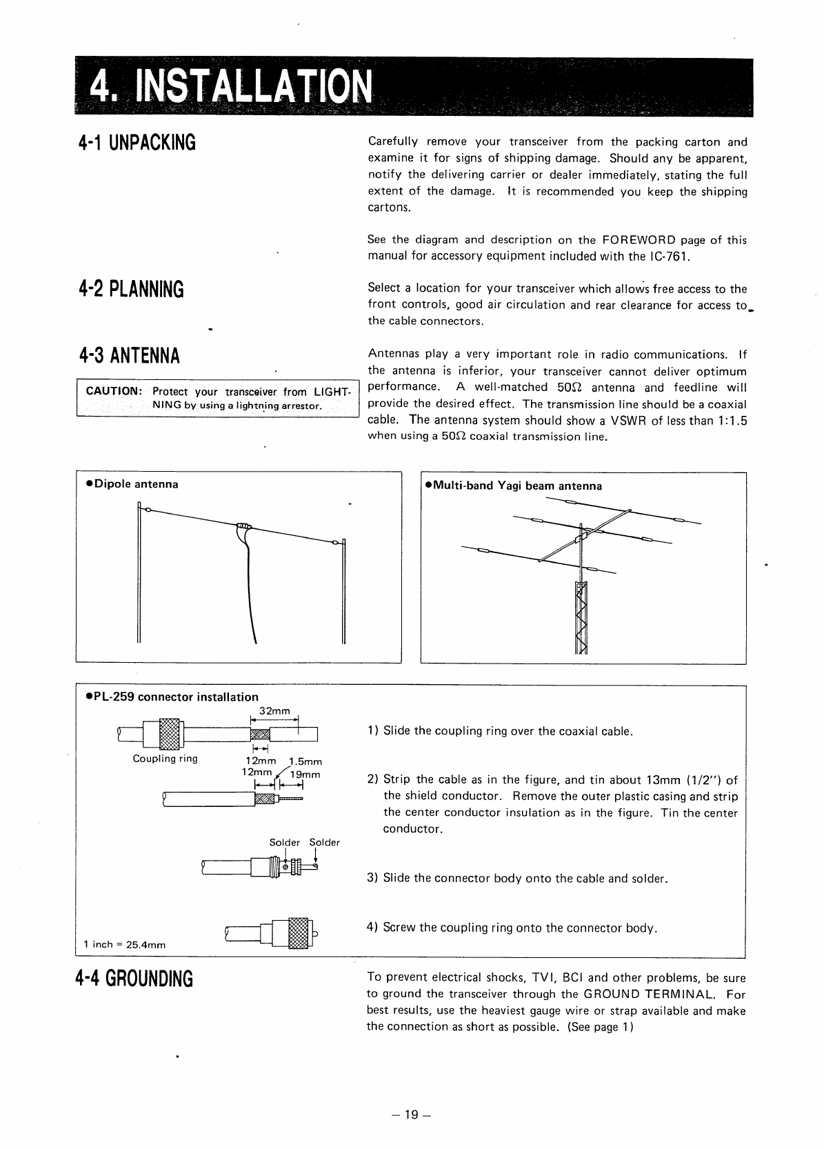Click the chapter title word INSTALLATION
point(252,88)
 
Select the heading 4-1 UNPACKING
point(137,143)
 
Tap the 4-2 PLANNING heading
point(131,289)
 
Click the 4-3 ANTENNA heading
point(129,356)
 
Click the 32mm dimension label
point(274,711)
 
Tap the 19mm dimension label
point(307,774)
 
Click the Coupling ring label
point(165,759)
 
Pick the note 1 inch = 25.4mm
point(124,944)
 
